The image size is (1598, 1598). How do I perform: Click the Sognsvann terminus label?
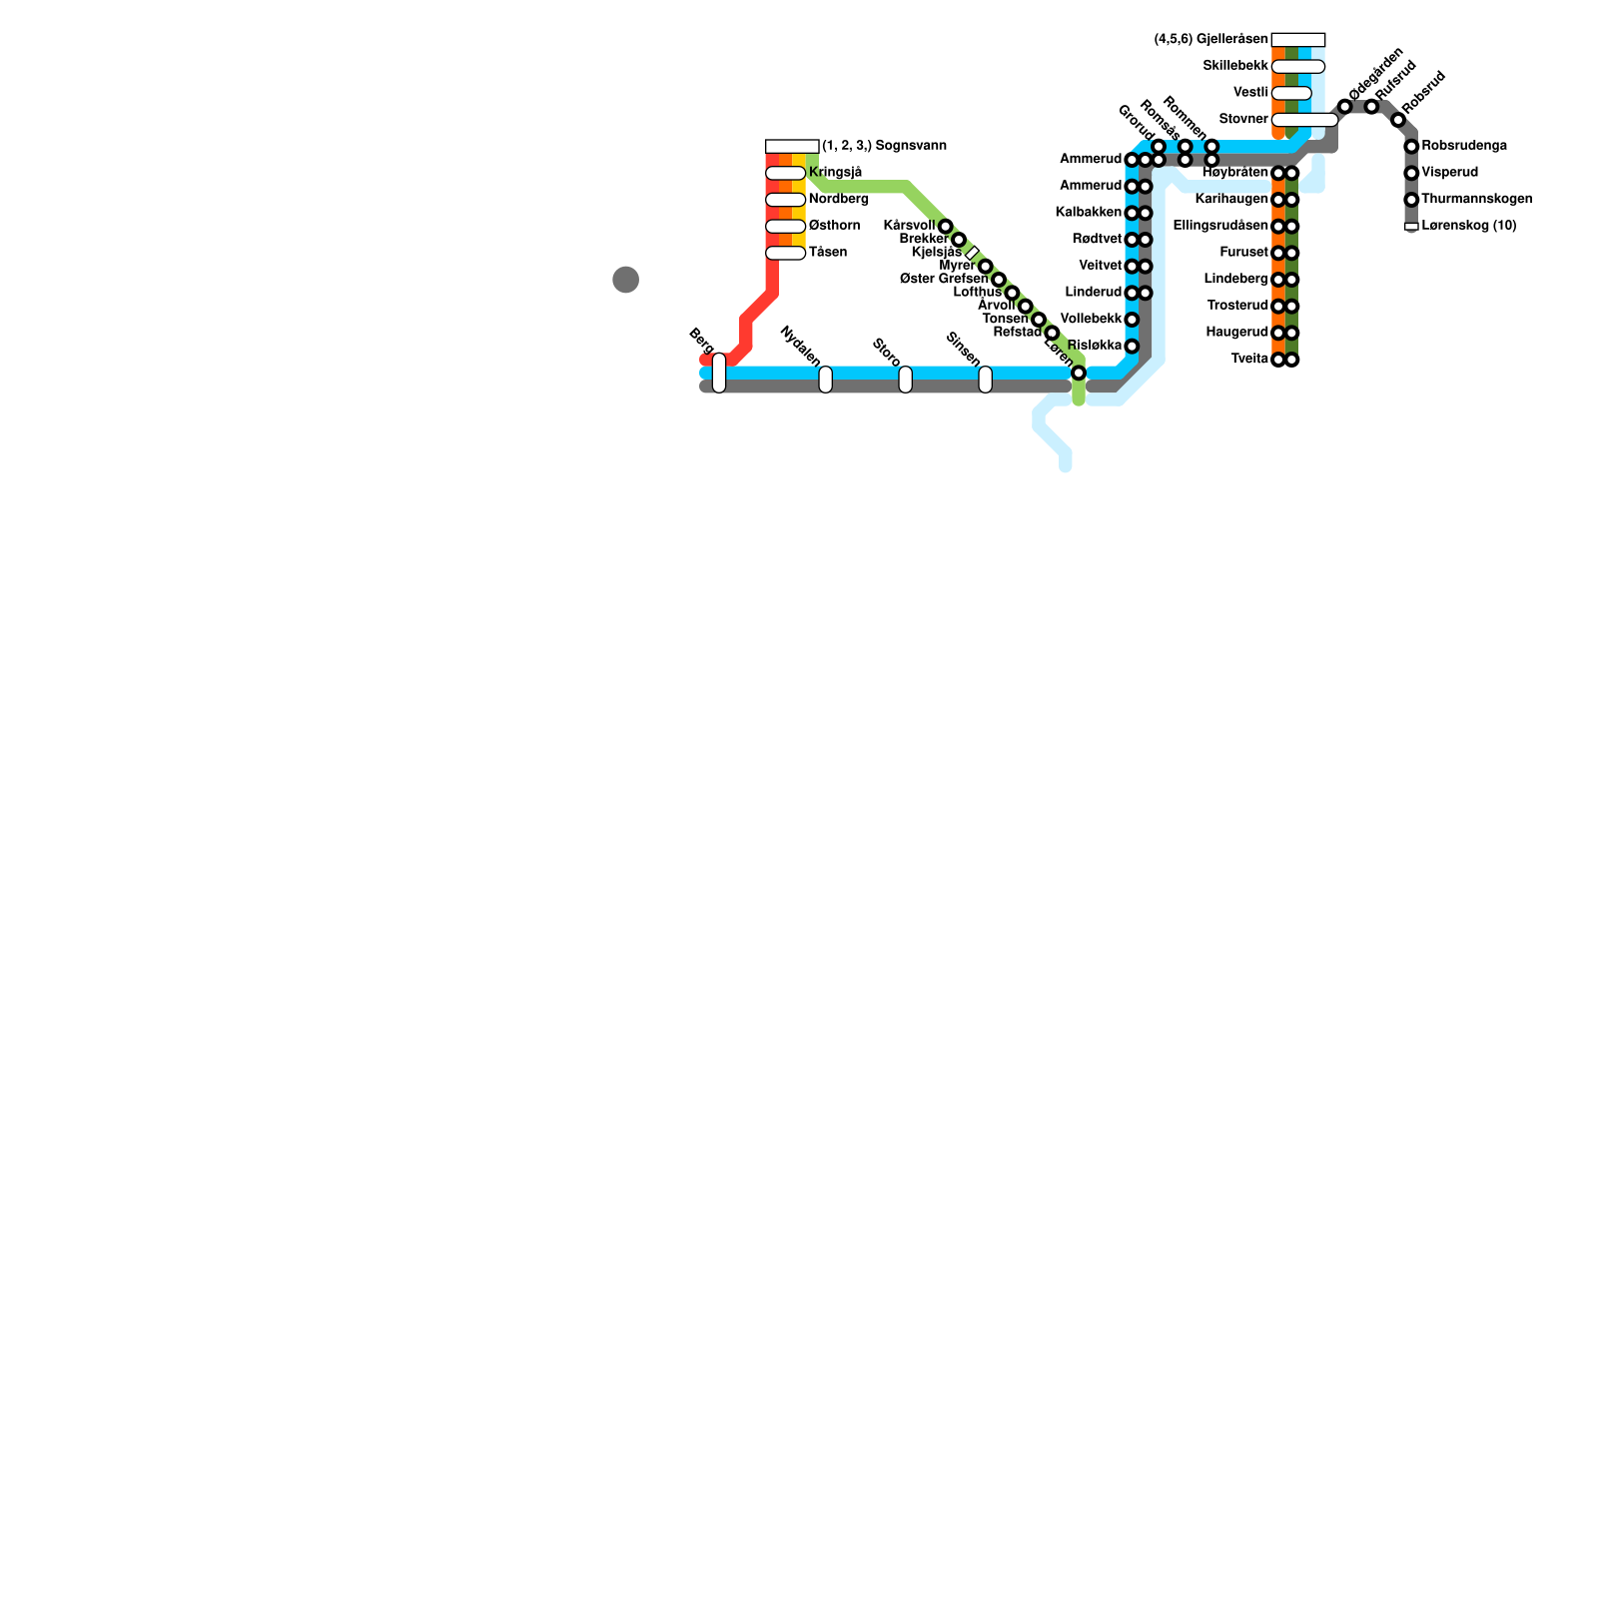[884, 146]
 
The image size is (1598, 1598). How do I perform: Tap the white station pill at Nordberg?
[785, 200]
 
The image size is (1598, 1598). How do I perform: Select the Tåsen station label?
[828, 253]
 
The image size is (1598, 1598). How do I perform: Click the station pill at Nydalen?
[825, 380]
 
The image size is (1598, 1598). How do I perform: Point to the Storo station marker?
[905, 380]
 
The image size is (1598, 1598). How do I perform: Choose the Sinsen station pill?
[985, 380]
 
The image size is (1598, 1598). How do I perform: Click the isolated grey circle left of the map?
[625, 280]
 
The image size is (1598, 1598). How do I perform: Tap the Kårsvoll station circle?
[945, 227]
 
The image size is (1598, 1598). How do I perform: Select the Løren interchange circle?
[1079, 373]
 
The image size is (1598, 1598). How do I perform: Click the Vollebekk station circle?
[1132, 320]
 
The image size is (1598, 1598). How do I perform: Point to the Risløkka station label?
[1095, 346]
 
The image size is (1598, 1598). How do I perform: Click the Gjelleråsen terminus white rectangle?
[1298, 40]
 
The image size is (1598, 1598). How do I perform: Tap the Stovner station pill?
[1304, 120]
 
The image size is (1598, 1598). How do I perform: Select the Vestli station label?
[1250, 93]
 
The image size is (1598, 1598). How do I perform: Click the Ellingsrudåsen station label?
[1220, 226]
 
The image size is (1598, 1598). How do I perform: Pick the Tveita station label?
[1249, 359]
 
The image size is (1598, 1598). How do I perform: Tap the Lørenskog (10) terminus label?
[1468, 226]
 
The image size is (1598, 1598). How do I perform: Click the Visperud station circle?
[1411, 173]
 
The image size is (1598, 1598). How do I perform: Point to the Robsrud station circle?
[1398, 120]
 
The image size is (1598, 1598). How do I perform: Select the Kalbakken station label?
[1089, 213]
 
